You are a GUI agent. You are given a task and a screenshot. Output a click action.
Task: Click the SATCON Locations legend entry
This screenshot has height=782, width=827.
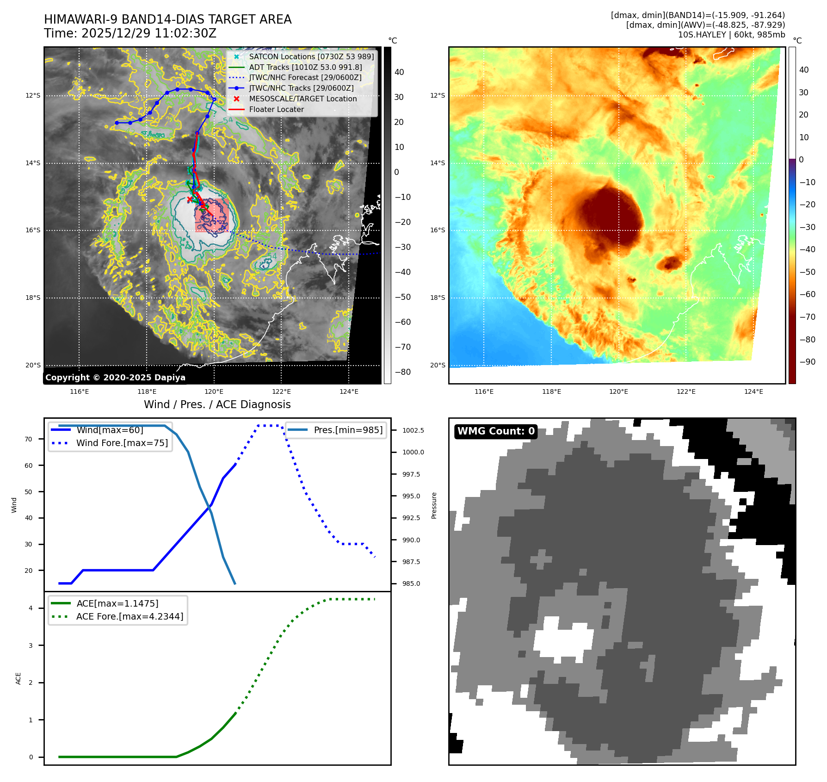point(311,56)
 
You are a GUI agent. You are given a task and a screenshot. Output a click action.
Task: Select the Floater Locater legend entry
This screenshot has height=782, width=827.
point(276,110)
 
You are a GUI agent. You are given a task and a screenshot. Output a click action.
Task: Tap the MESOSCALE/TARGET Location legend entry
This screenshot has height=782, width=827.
point(302,99)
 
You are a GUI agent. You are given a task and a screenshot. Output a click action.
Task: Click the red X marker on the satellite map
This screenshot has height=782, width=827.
point(190,199)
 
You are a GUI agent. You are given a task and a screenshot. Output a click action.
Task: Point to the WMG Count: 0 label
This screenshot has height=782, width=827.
point(496,431)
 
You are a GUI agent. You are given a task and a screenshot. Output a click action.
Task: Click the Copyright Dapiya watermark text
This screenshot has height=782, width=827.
point(115,378)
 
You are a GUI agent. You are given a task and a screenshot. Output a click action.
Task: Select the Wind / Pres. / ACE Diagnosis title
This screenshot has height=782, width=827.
point(217,404)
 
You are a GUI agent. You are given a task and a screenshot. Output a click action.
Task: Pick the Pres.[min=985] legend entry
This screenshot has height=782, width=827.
point(348,430)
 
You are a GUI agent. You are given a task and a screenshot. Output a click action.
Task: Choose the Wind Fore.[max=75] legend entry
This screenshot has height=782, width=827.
point(122,443)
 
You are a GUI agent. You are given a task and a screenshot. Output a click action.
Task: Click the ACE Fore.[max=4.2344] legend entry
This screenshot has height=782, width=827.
point(130,616)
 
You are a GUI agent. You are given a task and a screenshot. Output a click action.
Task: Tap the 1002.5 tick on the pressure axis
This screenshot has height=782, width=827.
point(413,430)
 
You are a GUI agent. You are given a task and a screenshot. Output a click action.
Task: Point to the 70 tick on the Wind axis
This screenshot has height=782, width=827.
point(29,439)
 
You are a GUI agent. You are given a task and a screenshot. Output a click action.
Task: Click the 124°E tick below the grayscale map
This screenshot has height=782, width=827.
point(349,392)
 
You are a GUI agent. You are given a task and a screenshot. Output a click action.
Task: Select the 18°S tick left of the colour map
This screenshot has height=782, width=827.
point(438,298)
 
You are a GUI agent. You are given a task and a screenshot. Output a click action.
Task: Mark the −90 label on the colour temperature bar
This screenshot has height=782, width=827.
point(808,362)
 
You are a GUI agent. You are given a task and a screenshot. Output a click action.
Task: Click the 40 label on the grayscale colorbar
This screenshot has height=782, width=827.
point(399,72)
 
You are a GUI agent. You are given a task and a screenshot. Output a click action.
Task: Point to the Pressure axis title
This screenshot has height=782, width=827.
point(434,505)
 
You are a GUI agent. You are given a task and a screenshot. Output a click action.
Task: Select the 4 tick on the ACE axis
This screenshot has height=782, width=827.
point(31,608)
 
